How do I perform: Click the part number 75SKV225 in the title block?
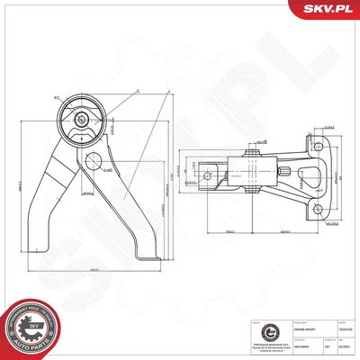345,330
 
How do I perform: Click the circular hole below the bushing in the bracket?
92,160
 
